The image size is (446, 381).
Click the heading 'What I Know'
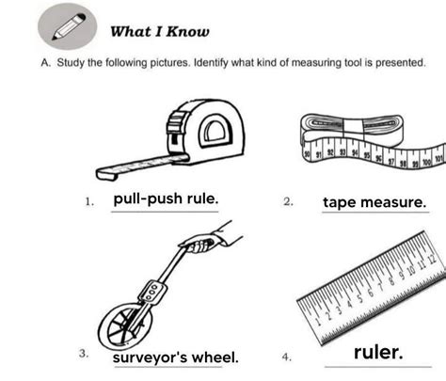(160, 32)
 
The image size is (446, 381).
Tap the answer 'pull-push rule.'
(166, 199)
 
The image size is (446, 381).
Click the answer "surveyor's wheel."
(175, 357)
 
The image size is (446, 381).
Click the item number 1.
(88, 202)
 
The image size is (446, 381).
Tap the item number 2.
(287, 202)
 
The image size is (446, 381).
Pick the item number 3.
(84, 354)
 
